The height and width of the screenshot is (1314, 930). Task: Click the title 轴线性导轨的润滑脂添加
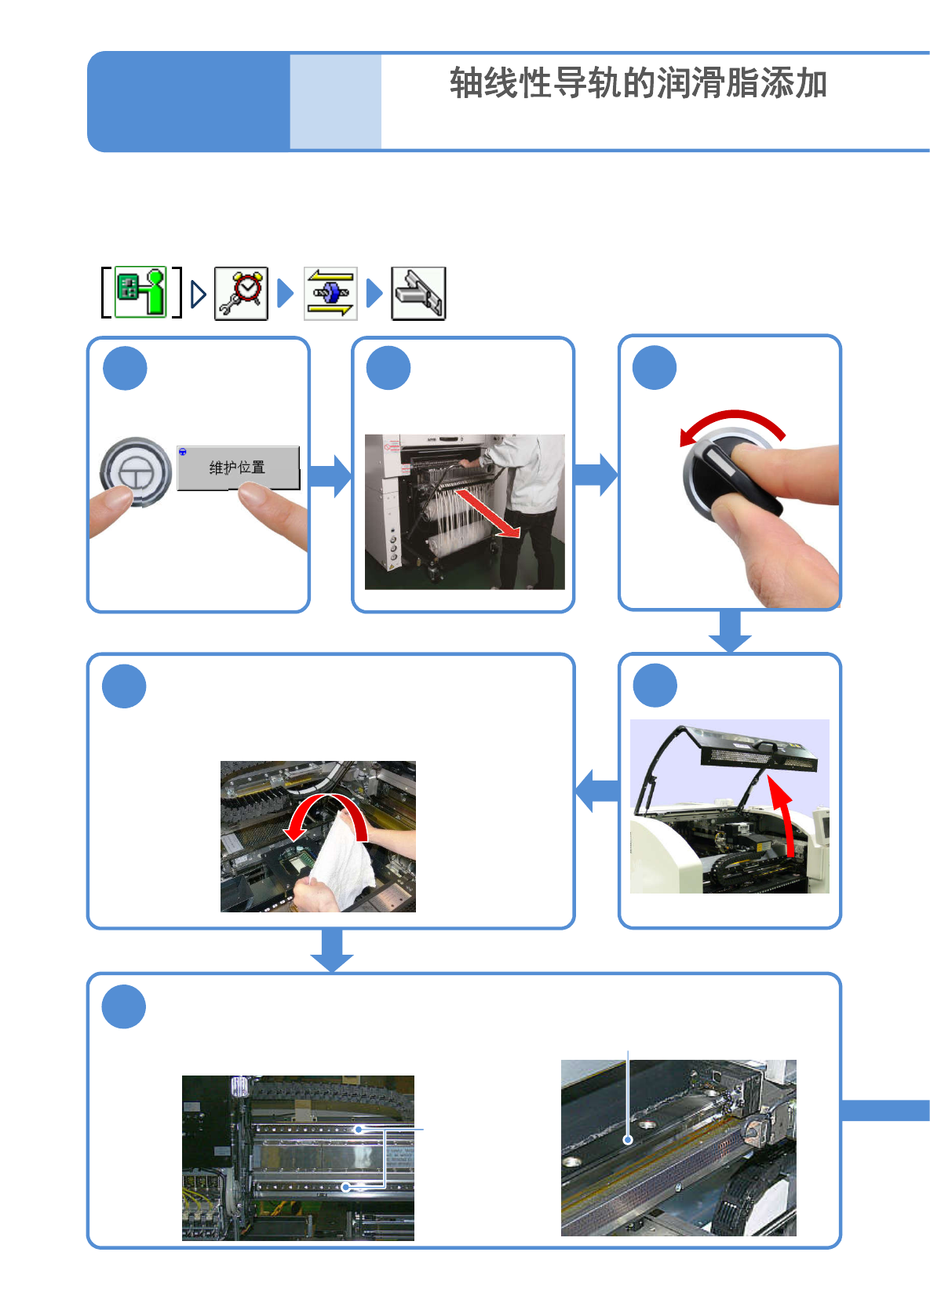click(x=638, y=83)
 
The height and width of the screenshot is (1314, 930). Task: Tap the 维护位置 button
click(x=239, y=468)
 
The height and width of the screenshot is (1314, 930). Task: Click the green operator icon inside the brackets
click(x=140, y=292)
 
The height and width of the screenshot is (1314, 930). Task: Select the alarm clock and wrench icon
click(x=241, y=293)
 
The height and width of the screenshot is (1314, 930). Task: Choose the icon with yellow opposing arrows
click(x=330, y=293)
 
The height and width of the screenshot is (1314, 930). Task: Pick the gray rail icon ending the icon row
click(x=418, y=293)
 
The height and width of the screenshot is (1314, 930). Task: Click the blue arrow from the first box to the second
click(x=330, y=475)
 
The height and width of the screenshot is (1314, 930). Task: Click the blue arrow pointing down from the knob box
click(x=730, y=631)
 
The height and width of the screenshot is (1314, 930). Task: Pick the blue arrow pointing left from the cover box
click(x=596, y=791)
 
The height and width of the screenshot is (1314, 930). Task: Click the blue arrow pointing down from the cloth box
click(x=332, y=950)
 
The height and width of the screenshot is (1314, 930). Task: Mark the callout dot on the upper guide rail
click(x=359, y=1129)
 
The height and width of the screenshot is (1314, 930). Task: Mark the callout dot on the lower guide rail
click(x=346, y=1187)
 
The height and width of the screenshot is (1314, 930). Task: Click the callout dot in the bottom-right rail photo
click(x=628, y=1140)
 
